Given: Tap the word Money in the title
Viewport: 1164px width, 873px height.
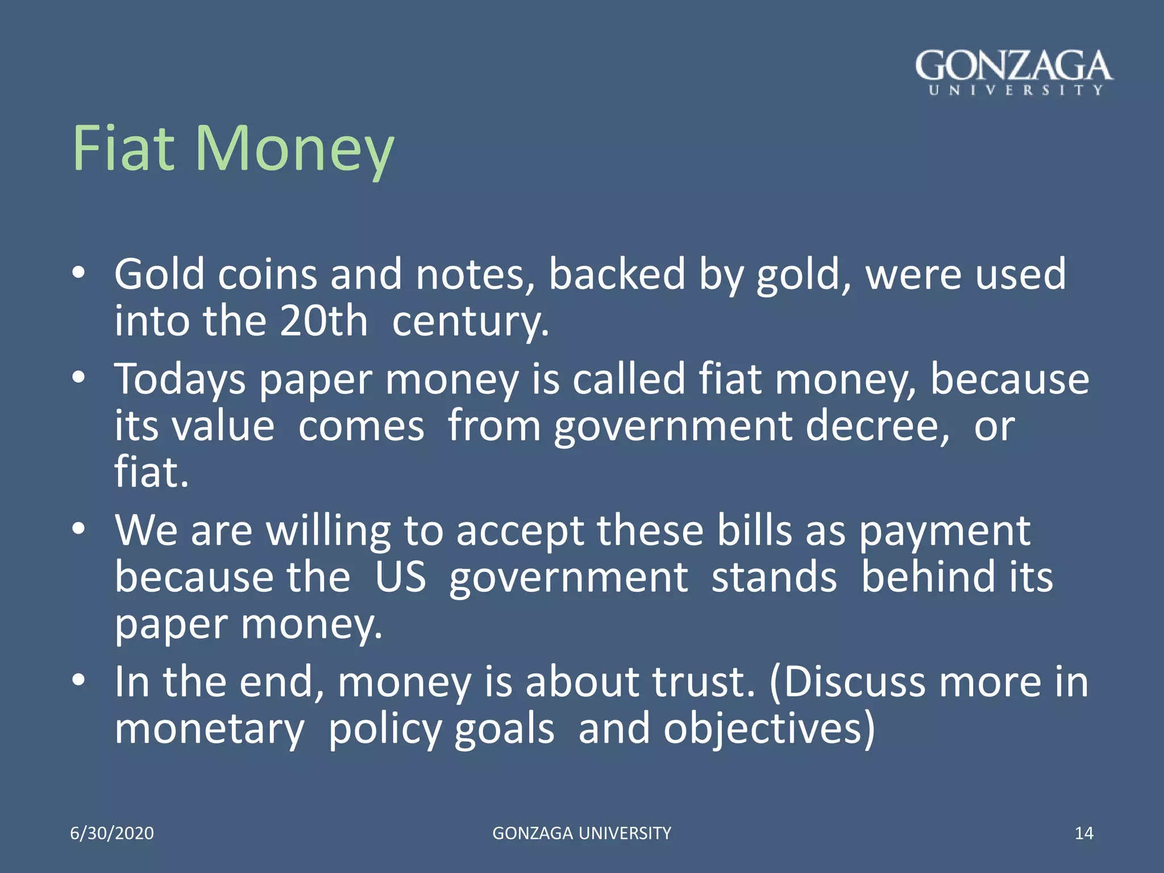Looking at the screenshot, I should click(x=294, y=151).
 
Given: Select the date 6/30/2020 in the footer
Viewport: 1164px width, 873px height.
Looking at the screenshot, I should click(x=112, y=833).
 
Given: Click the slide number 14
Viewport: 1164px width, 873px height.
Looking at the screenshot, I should click(x=1084, y=833).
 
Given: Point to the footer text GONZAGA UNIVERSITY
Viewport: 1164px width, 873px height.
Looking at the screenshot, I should click(x=581, y=833).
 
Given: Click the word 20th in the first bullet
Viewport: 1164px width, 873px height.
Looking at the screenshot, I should click(x=323, y=321).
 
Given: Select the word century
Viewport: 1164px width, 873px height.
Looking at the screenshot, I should click(x=471, y=323).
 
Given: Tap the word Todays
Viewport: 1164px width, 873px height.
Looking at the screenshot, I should click(x=180, y=380).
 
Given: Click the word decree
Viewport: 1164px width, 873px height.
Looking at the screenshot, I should click(x=877, y=426).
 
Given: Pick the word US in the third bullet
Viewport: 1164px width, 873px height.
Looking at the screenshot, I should click(x=400, y=577).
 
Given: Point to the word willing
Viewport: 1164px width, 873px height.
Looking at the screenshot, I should click(x=329, y=531).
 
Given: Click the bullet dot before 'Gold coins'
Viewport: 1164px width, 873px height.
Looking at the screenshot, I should click(x=79, y=272).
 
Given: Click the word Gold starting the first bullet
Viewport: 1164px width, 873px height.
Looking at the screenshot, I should click(x=159, y=275).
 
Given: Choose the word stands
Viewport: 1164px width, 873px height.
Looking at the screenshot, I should click(x=774, y=577).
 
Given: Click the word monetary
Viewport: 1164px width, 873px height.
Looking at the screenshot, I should click(x=209, y=730).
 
